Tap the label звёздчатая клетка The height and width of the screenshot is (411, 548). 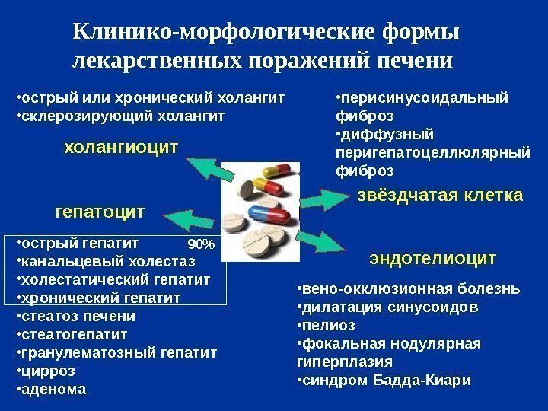coord(440,196)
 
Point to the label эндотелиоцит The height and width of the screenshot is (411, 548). coord(432,258)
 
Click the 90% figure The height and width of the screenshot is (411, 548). coord(201,244)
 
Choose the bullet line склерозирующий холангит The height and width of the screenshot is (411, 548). coord(123,116)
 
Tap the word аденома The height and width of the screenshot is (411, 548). coord(54,388)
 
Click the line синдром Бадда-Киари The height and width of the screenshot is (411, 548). coord(387,379)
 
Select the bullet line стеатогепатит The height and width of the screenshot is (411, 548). coord(75,334)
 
